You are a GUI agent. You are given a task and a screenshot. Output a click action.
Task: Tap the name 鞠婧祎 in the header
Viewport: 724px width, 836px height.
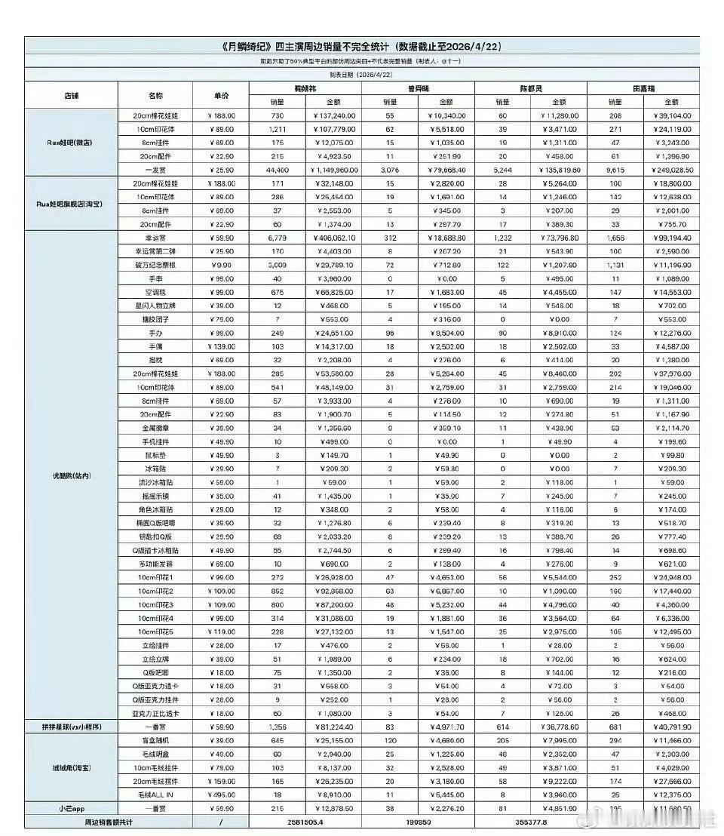tap(305, 88)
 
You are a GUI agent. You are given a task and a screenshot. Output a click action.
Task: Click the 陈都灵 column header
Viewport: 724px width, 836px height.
tap(529, 88)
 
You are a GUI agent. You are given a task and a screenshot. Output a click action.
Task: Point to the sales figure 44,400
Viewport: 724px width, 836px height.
tap(278, 171)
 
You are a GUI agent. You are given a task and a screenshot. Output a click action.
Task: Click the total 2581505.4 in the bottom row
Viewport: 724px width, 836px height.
tap(306, 822)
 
